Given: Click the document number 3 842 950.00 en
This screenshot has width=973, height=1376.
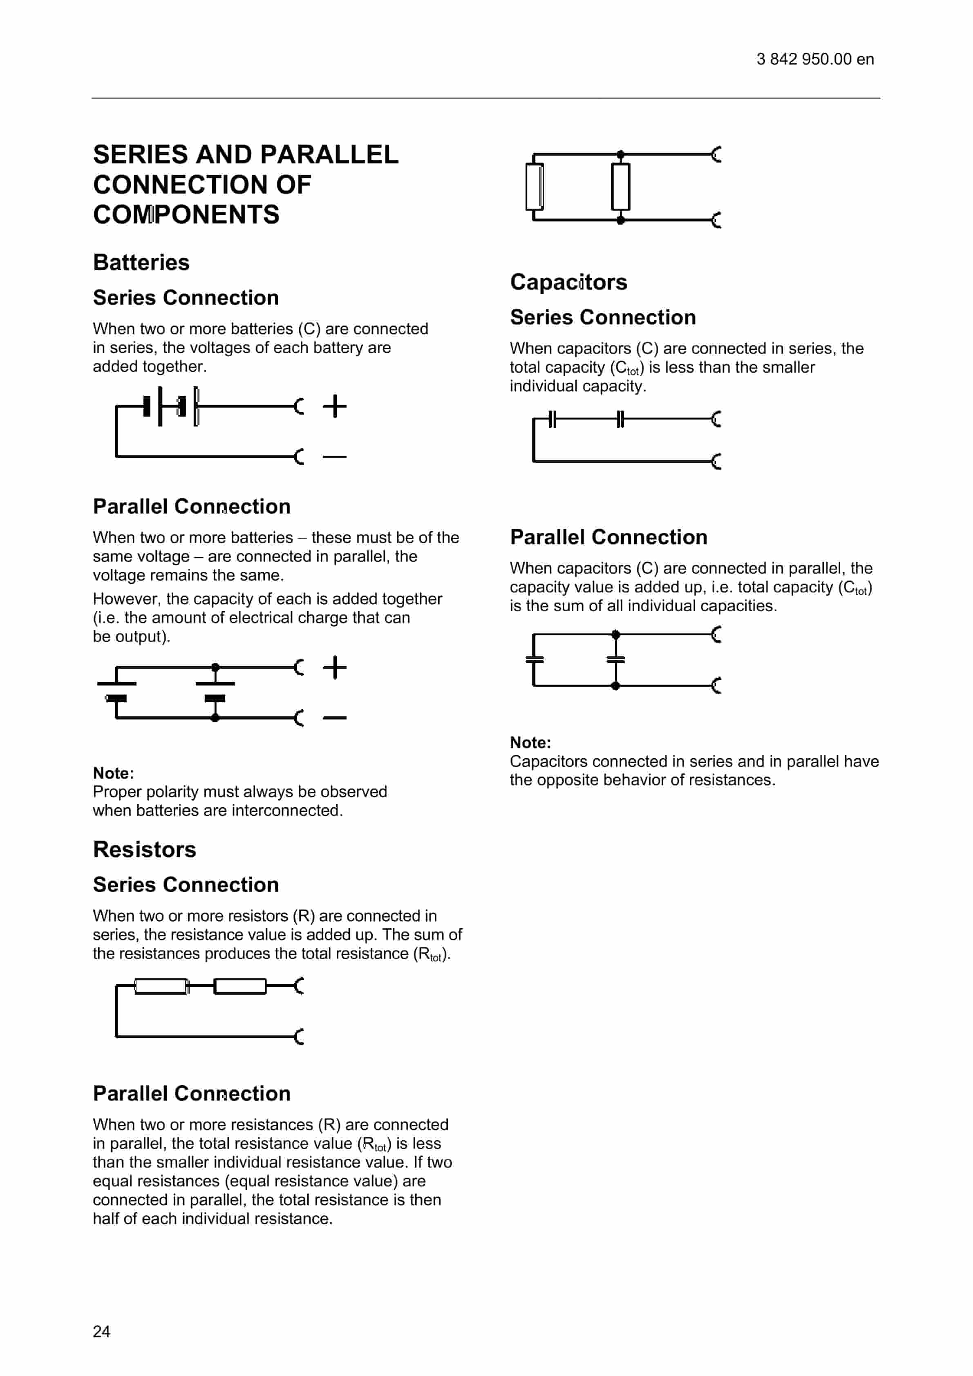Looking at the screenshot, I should [x=815, y=59].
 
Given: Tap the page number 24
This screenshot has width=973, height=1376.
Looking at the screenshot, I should [x=101, y=1331].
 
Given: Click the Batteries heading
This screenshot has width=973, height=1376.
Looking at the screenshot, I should [x=141, y=263].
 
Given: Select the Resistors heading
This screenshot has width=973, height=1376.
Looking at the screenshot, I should [x=145, y=849].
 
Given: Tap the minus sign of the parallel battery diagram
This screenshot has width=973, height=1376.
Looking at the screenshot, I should [x=335, y=717].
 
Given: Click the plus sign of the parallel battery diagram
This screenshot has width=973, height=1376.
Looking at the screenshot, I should [x=335, y=667].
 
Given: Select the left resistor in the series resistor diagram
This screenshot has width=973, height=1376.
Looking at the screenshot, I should [x=161, y=986].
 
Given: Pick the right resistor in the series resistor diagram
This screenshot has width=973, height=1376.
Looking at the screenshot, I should [x=240, y=986].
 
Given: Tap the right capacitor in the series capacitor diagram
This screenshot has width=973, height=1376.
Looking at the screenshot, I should [x=620, y=419].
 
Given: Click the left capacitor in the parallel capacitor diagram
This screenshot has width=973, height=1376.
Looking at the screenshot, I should [x=534, y=659].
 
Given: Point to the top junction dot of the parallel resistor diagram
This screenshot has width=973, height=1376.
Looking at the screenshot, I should [x=620, y=154].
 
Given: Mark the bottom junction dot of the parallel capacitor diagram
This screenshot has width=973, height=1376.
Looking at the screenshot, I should [x=615, y=686].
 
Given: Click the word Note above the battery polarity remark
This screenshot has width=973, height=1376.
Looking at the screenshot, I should [x=113, y=773].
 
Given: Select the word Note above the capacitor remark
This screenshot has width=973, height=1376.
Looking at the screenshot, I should [x=530, y=742].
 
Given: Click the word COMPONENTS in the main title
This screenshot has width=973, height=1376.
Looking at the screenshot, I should [x=186, y=214].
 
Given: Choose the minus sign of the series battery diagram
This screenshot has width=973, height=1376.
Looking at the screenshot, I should [x=335, y=457].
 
